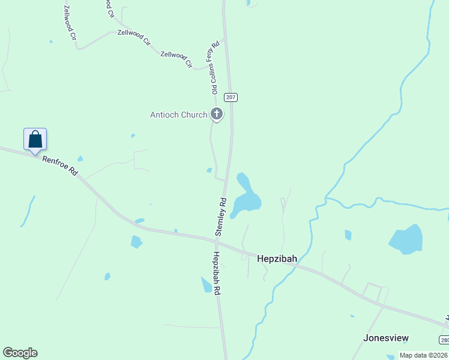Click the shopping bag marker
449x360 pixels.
tap(35, 139)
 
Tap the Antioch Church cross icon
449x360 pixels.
tap(216, 113)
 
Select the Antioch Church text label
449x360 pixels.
tap(178, 115)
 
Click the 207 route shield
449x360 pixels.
tap(231, 97)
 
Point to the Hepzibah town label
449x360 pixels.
tap(277, 259)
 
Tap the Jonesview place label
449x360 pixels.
tap(386, 338)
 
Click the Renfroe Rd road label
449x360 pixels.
tap(60, 166)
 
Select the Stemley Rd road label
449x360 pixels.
tap(221, 217)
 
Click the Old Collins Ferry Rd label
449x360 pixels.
tap(215, 67)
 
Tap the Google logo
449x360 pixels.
tap(20, 353)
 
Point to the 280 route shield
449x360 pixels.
tap(444, 340)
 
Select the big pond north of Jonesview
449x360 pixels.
tap(407, 238)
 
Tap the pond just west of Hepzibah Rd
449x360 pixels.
tap(206, 284)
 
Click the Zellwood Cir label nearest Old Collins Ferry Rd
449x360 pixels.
tap(176, 58)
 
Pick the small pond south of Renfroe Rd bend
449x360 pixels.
tap(136, 241)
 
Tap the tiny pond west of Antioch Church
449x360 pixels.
tap(133, 136)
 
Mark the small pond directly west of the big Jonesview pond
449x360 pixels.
tap(348, 235)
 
